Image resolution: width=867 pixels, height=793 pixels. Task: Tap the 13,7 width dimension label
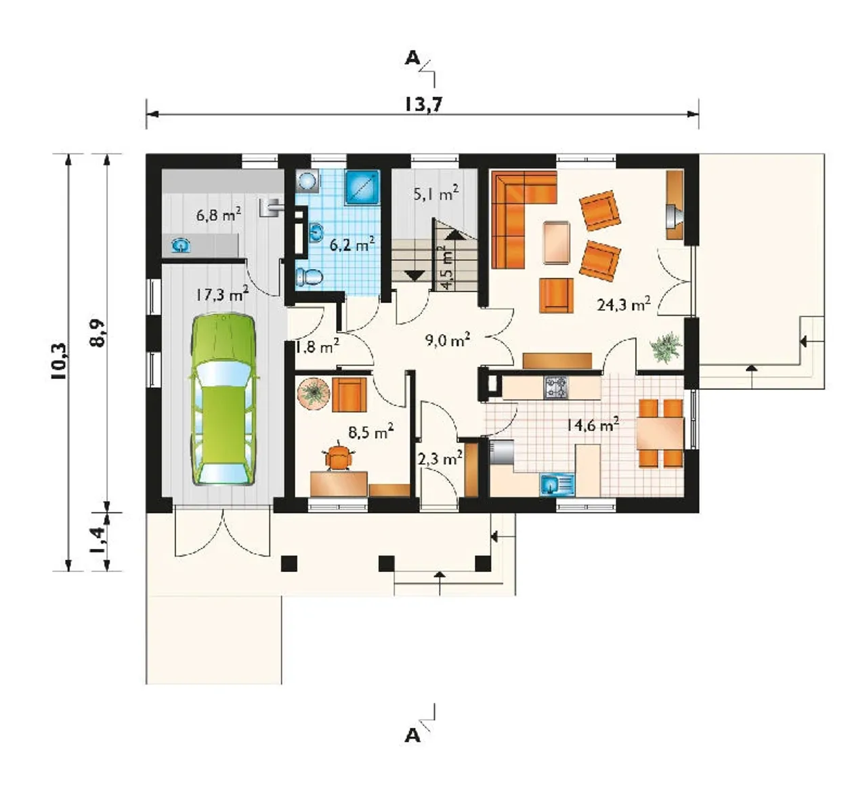click(424, 104)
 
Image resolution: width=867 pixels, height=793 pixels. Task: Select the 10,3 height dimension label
click(59, 361)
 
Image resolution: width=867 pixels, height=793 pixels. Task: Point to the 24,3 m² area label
click(624, 304)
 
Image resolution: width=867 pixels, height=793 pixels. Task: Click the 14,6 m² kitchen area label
click(593, 425)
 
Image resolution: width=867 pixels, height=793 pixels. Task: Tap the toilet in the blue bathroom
click(310, 277)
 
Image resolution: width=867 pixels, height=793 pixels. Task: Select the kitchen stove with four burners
click(556, 387)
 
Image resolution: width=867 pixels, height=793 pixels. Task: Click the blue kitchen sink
click(557, 485)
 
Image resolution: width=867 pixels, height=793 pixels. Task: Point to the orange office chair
click(339, 455)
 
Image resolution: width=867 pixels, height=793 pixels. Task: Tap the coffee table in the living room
click(556, 242)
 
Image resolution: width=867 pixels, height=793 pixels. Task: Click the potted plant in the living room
click(666, 346)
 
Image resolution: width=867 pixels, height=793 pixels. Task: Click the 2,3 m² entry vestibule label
click(440, 458)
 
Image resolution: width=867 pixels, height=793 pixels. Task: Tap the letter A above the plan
click(413, 58)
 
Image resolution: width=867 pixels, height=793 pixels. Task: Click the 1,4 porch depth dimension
click(97, 540)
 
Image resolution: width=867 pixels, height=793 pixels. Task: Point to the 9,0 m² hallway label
click(447, 340)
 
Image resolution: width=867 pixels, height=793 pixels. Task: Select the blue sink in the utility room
click(181, 246)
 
